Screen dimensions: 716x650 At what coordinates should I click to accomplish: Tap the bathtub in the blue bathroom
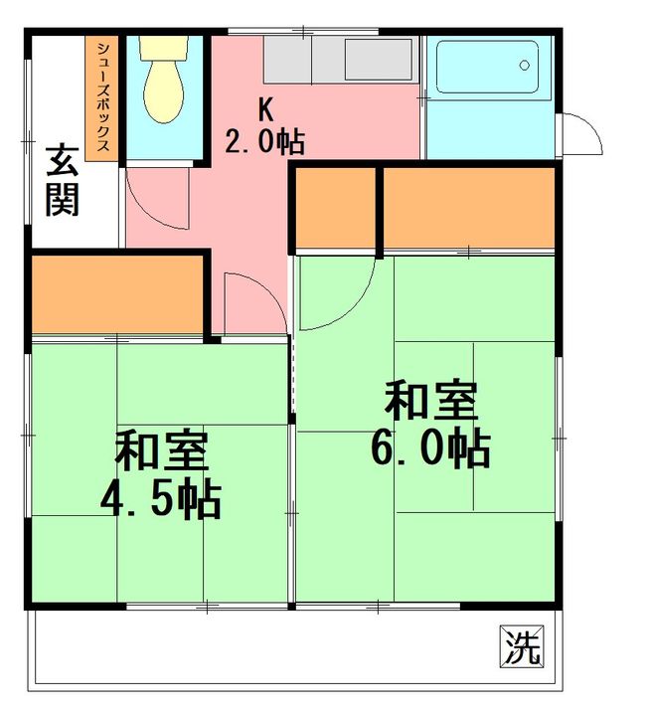[488, 69]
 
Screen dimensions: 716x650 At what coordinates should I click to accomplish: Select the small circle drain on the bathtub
[525, 66]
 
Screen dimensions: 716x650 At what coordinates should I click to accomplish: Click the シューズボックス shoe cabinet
[102, 98]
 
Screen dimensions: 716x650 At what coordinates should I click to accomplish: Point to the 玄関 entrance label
[63, 180]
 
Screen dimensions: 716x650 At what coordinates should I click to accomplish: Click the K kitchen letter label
[265, 108]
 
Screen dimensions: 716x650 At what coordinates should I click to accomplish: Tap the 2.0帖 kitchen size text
[263, 142]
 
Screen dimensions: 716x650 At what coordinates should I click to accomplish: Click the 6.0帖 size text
[430, 449]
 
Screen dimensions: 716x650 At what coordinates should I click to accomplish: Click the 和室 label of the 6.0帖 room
[431, 402]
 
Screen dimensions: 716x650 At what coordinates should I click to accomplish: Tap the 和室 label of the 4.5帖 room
[161, 452]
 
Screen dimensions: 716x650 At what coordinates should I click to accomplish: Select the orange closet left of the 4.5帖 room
[117, 295]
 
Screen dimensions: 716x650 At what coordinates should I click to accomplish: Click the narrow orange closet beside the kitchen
[336, 207]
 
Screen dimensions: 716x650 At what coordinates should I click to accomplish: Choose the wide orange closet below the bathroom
[468, 207]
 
